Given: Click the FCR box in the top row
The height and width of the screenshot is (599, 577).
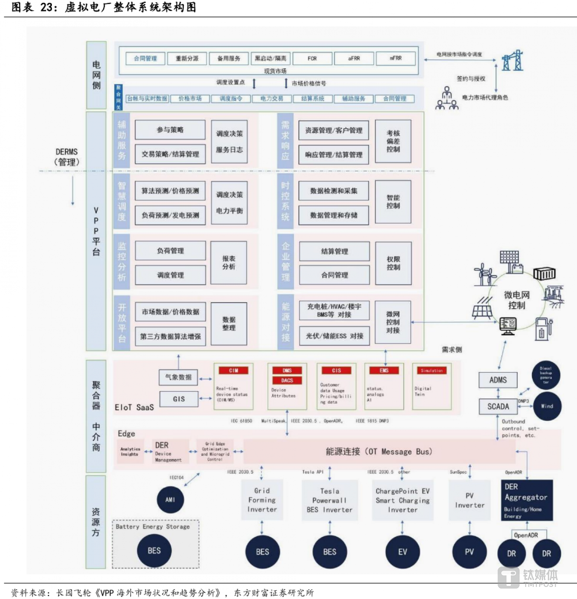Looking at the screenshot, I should coord(312,58).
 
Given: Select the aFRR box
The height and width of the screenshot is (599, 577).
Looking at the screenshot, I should coord(354,58).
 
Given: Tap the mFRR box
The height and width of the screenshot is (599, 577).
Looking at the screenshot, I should coord(396,58).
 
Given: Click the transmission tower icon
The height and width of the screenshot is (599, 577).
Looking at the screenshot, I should coord(512,61).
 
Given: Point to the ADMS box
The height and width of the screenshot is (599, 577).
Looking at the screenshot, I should coord(498,380).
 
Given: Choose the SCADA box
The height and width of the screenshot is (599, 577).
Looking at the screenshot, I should coord(498,407).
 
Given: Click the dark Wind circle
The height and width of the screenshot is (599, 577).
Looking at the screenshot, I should coord(547,406).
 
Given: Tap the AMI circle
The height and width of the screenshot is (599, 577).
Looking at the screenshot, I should coord(170,500).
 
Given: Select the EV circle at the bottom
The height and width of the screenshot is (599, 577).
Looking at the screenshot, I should coord(403,552).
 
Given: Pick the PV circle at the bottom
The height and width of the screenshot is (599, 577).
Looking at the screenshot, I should coord(469,552).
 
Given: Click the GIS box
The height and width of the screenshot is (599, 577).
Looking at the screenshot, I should coord(178,399).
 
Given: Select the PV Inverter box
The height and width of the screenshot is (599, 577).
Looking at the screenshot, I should coord(469,501).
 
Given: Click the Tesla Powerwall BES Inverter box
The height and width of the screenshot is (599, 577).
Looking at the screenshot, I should coord(330,501).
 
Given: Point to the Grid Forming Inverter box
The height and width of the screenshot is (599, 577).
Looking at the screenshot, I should coord(262,501).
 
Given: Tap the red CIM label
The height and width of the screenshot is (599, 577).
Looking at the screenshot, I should coord(233,370).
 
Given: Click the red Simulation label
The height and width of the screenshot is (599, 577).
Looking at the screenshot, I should coord(432,370).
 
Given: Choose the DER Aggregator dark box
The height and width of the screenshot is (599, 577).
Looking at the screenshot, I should coord(526,501).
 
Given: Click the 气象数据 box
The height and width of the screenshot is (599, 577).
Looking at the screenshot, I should coord(178,377).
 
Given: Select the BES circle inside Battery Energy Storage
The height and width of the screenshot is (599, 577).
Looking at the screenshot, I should coord(154,551).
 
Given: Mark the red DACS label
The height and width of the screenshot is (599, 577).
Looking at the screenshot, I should coord(287,380).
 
